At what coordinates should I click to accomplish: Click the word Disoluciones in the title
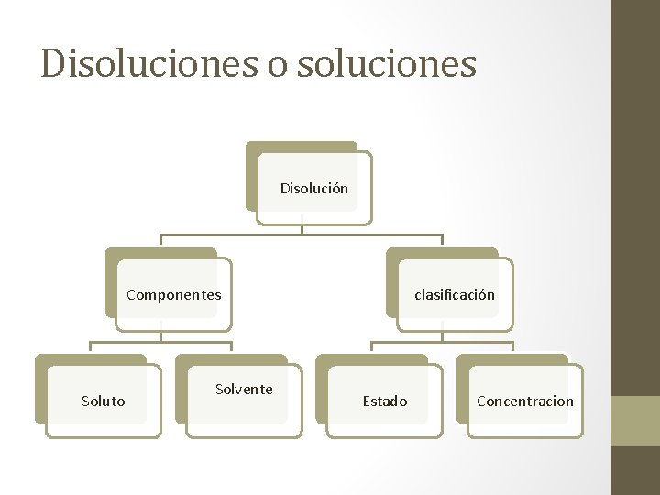pos(145,63)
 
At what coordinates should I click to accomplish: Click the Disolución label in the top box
pos(313,189)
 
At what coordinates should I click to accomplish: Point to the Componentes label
pos(173,295)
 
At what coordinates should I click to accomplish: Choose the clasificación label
pos(454,295)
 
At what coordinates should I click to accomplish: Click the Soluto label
pos(104,401)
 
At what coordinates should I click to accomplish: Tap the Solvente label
pos(244,390)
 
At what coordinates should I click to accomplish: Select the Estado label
pos(385,401)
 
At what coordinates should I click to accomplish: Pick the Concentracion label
pos(525,401)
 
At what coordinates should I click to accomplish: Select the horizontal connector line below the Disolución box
pos(302,236)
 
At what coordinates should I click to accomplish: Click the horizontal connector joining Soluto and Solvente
pos(161,342)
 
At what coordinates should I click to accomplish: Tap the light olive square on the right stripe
pos(635,421)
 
